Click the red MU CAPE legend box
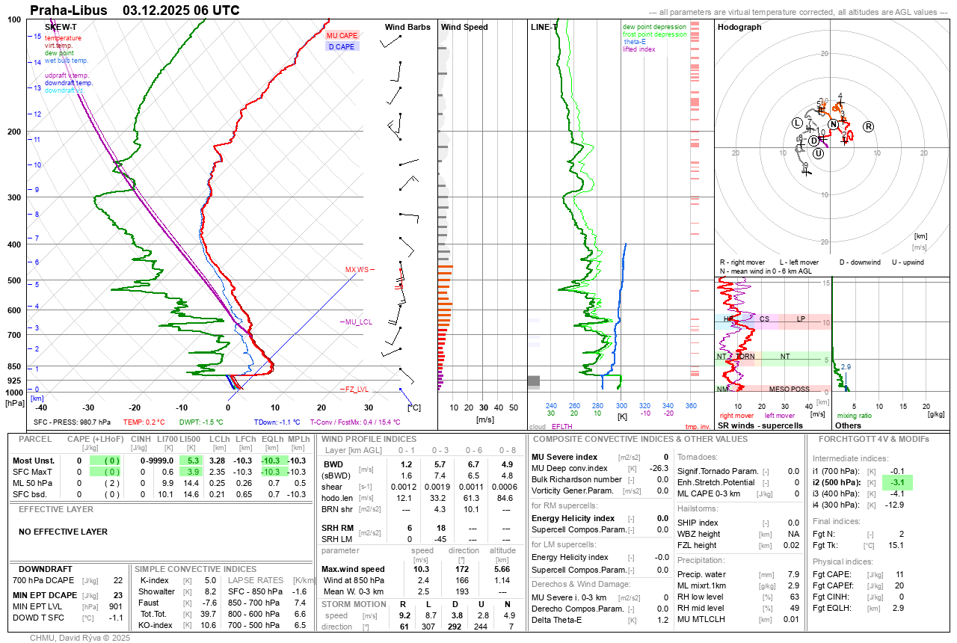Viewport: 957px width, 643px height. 342,35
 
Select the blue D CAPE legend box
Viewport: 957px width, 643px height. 342,46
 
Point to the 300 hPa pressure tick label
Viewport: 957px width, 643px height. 14,197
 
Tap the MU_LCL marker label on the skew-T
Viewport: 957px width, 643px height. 357,322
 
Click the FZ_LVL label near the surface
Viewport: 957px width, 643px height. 357,390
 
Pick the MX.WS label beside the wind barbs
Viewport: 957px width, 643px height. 357,269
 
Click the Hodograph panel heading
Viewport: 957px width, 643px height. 739,27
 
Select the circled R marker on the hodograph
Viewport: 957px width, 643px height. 868,126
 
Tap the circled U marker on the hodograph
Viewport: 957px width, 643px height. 819,153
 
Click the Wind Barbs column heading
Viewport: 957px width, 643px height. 407,27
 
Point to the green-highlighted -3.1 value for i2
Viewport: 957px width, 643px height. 897,482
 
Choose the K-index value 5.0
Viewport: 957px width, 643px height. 210,580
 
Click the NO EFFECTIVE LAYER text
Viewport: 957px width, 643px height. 63,532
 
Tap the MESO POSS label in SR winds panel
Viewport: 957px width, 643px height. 790,389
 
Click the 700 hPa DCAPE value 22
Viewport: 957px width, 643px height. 118,580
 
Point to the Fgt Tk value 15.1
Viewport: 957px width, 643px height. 896,545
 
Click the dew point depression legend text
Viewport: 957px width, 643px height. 654,27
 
